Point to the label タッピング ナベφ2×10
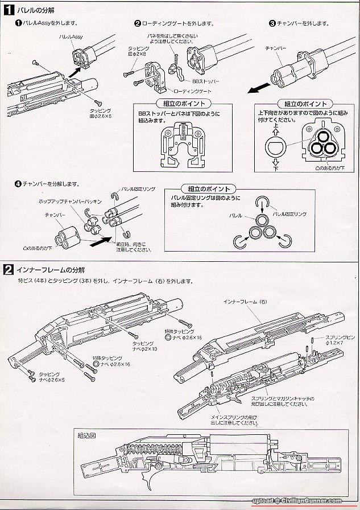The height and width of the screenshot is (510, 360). (144, 347)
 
